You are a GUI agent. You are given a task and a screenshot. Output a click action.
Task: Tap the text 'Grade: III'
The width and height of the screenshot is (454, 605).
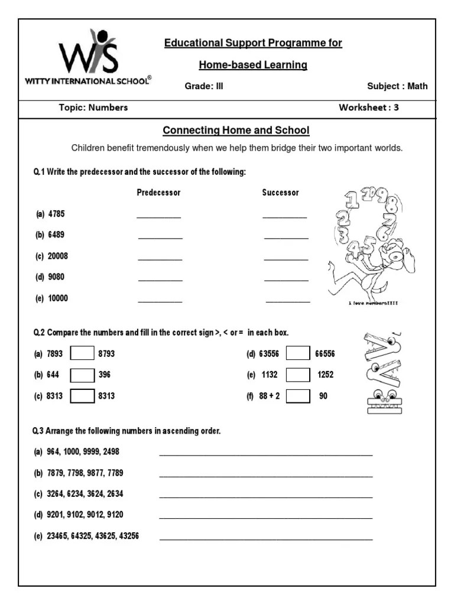coord(204,86)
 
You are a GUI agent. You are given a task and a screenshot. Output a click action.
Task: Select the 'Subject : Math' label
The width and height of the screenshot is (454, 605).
coord(397,86)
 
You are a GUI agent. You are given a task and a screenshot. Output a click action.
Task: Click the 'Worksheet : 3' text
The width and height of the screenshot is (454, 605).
coord(368,108)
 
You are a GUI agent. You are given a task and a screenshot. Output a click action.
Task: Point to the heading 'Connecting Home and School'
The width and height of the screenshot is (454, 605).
coord(236,130)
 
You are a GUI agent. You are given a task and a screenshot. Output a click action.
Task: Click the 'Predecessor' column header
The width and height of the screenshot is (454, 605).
coord(158,193)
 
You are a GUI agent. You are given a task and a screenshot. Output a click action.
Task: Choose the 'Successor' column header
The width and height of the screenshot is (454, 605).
coord(280,193)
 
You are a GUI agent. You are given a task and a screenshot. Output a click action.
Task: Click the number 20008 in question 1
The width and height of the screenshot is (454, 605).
coord(58,256)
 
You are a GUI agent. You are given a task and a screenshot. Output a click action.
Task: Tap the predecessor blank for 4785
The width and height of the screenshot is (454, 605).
coord(158,216)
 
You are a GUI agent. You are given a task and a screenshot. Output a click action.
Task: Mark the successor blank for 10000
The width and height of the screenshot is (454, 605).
coord(287,301)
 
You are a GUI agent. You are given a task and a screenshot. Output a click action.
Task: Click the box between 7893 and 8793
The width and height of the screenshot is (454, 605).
coord(82,353)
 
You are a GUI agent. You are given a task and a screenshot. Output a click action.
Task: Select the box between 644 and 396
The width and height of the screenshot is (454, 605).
coord(82,375)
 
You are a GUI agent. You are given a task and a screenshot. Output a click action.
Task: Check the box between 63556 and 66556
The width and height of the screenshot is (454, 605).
coord(298,353)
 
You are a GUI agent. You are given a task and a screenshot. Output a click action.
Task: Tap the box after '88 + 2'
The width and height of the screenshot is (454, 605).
coord(298,396)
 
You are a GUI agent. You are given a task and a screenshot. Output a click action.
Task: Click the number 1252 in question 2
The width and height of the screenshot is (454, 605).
coord(326,375)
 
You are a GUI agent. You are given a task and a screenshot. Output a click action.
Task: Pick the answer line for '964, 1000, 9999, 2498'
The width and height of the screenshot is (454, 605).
coord(266,454)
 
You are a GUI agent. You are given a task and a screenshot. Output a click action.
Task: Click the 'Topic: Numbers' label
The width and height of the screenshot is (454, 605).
coord(93,108)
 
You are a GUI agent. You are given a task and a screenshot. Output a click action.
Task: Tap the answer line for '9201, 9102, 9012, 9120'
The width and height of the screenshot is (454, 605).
coord(266,518)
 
